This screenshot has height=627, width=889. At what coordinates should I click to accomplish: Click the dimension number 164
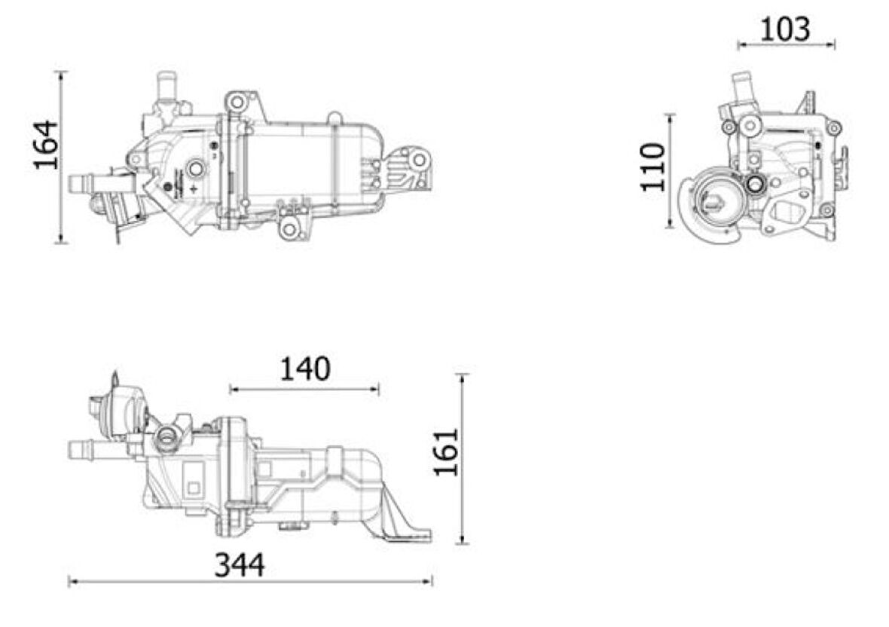point(46,144)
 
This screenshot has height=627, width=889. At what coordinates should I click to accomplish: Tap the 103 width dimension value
point(785,29)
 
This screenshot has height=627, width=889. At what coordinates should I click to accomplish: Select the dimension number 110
point(653,167)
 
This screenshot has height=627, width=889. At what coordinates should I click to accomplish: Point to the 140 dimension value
point(305,369)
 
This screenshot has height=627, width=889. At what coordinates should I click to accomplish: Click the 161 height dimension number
point(446,451)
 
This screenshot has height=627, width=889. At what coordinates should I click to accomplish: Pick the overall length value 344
point(240,565)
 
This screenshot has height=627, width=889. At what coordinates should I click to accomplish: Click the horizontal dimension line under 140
point(304,389)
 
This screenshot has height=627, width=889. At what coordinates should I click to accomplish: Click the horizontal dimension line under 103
point(786,46)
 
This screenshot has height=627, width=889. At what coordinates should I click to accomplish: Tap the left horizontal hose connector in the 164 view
point(84,183)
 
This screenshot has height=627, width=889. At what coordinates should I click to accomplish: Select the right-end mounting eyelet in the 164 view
point(419,159)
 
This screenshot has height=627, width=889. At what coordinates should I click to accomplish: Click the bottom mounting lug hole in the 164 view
point(292,230)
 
